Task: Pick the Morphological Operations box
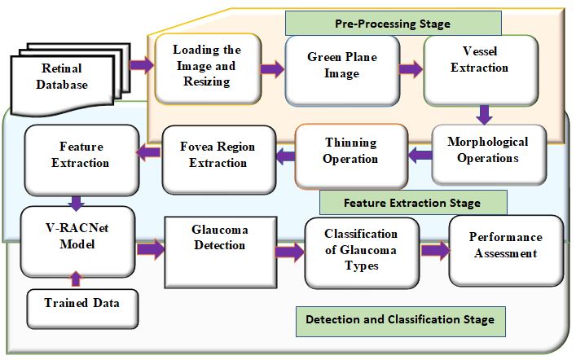[x=487, y=150]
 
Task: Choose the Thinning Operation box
[x=351, y=151]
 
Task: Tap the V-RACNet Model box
[x=77, y=242]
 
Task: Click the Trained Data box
[x=78, y=304]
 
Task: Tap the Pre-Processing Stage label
[x=392, y=24]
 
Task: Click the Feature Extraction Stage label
[x=412, y=202]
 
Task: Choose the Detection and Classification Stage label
[x=400, y=319]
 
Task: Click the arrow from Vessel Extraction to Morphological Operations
[x=484, y=113]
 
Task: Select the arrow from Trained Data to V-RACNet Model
[x=77, y=279]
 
